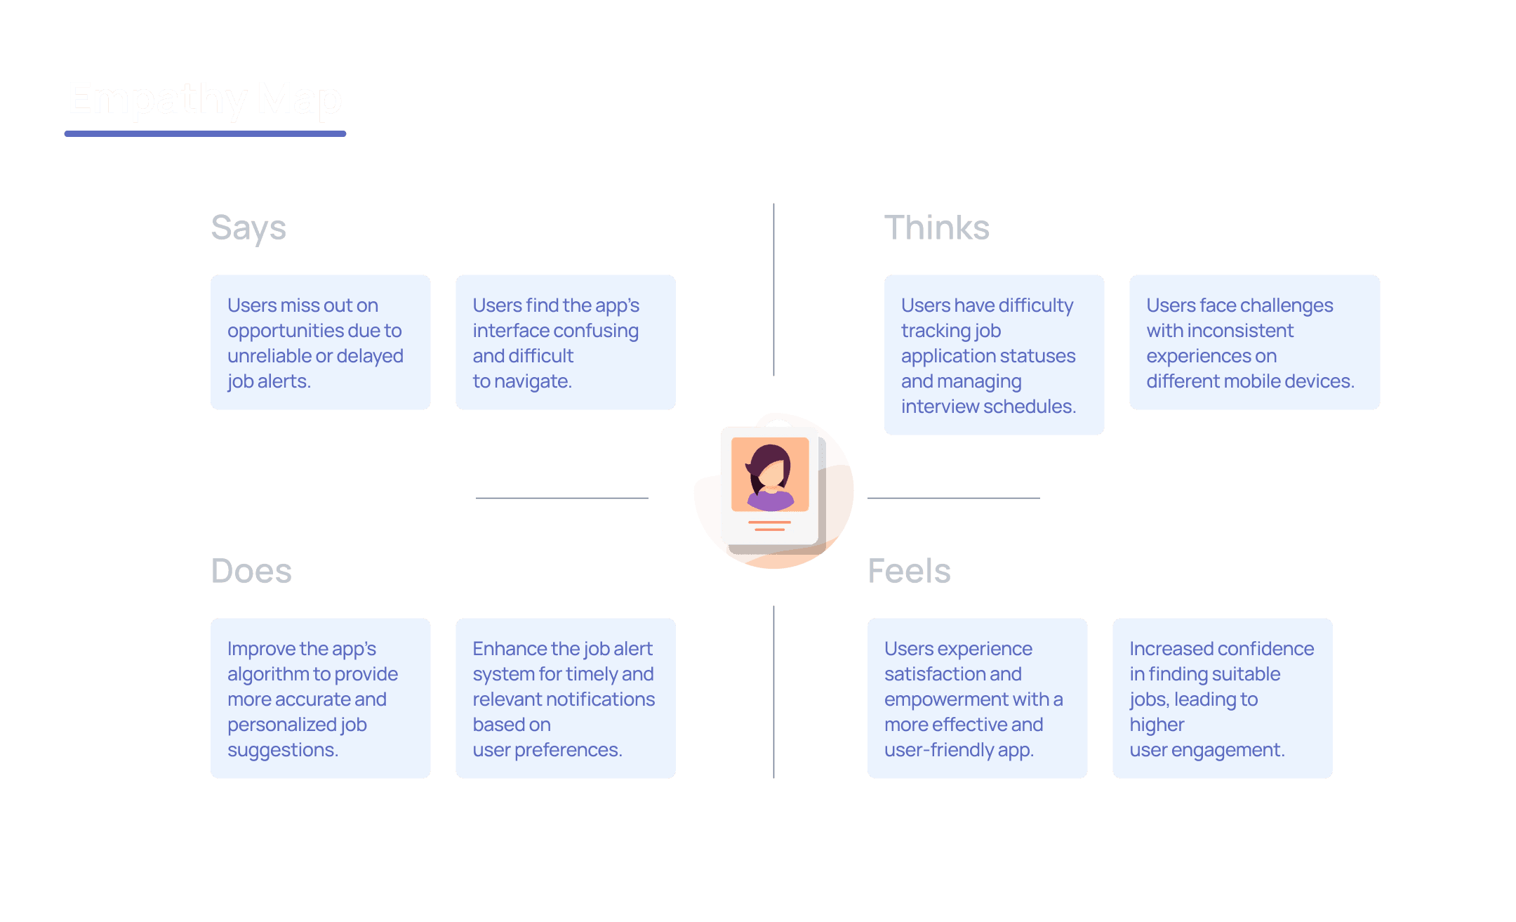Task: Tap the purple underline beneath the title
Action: (205, 133)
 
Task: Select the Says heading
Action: (248, 228)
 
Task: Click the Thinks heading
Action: (936, 228)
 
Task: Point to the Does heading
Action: (251, 571)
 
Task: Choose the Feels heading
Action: (909, 571)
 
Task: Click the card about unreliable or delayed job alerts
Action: (320, 342)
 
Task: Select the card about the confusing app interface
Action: (565, 342)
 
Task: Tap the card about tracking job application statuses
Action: (994, 355)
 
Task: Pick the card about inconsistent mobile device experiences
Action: (1254, 342)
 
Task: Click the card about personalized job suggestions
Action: (320, 698)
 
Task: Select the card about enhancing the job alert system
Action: (565, 698)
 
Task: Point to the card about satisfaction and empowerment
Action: (977, 698)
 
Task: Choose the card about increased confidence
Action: (1222, 698)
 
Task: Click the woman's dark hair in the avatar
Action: (765, 460)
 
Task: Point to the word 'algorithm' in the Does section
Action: (268, 674)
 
